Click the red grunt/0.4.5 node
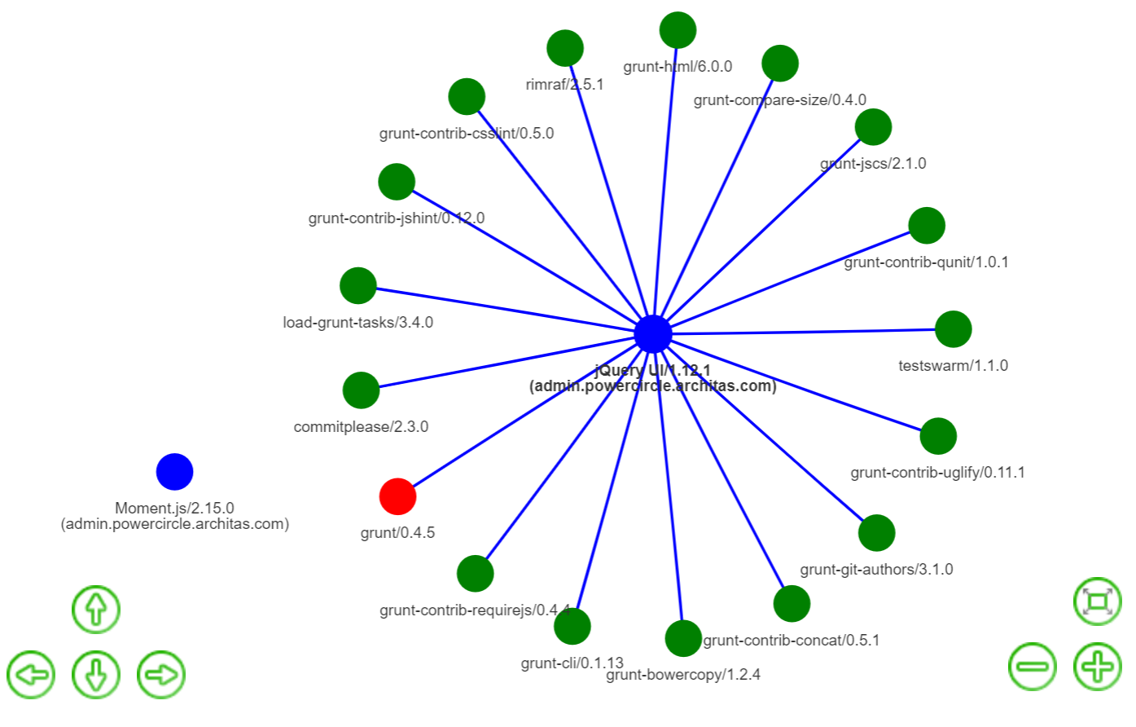tap(397, 496)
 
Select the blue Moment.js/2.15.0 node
tap(174, 472)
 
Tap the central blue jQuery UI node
tap(652, 334)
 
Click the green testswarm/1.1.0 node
tap(953, 329)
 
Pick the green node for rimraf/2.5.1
tap(565, 49)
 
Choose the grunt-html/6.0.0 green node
tap(678, 31)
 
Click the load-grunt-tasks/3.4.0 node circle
tap(357, 286)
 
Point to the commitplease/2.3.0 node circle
tap(361, 390)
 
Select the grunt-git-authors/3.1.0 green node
tap(876, 533)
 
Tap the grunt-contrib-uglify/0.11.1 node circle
tap(938, 436)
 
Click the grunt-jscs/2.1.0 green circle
tap(873, 127)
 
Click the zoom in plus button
tap(1097, 667)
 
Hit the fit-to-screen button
tap(1097, 602)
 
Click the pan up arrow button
tap(96, 610)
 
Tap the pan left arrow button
tap(31, 675)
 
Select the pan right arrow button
tap(161, 675)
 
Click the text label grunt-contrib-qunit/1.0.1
tap(926, 262)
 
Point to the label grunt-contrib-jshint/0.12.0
tap(396, 218)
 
